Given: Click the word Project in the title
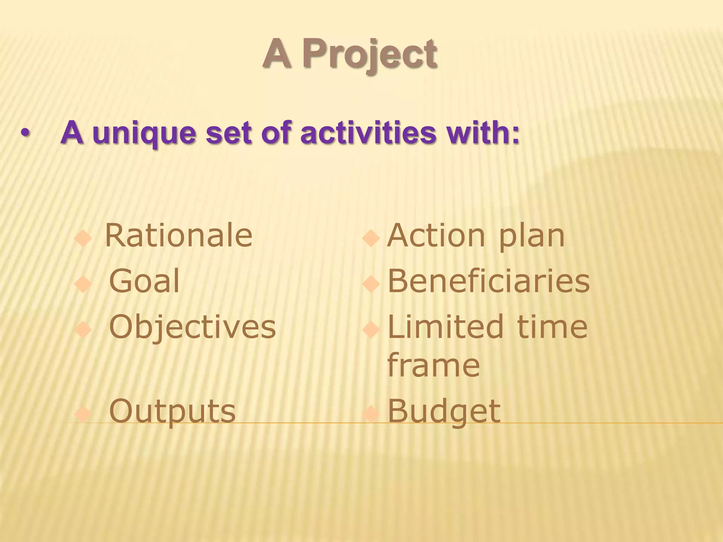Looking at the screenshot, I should pyautogui.click(x=370, y=55).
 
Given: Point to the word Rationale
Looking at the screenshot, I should pyautogui.click(x=179, y=236).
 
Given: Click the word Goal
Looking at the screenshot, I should pyautogui.click(x=144, y=281).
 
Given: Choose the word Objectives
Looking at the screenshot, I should pyautogui.click(x=192, y=327).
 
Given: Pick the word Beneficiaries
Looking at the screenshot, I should pyautogui.click(x=489, y=281).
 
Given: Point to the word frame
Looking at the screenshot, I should pyautogui.click(x=434, y=366).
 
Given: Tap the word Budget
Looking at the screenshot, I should pyautogui.click(x=444, y=411).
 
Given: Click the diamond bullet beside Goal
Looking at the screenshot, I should pyautogui.click(x=84, y=284).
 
